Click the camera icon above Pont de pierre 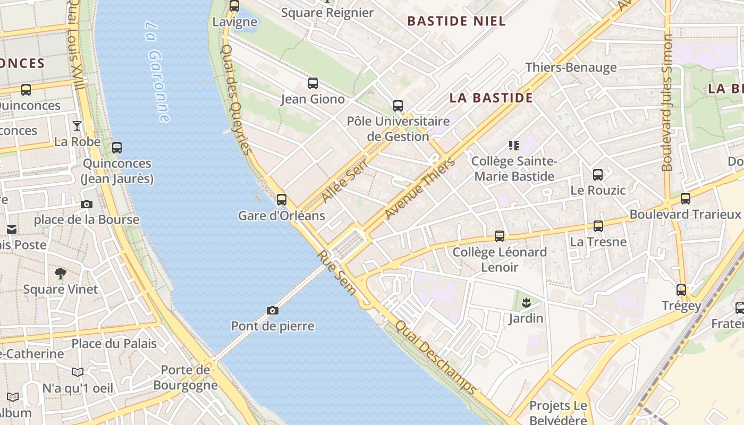tap(272, 310)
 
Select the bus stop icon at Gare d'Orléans tap(281, 200)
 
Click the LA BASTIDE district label tap(491, 98)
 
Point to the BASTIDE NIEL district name tap(456, 21)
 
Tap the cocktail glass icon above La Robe tap(77, 126)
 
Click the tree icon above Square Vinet tap(61, 274)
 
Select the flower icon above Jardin tap(526, 303)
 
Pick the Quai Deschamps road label tap(436, 358)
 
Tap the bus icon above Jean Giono tap(313, 83)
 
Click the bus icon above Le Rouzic tap(598, 174)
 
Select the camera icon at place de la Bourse tap(86, 204)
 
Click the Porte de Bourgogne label tap(185, 377)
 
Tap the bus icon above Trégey tap(681, 290)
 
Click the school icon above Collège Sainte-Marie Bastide tap(513, 145)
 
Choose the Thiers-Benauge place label tap(571, 67)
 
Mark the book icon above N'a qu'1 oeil tap(78, 372)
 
